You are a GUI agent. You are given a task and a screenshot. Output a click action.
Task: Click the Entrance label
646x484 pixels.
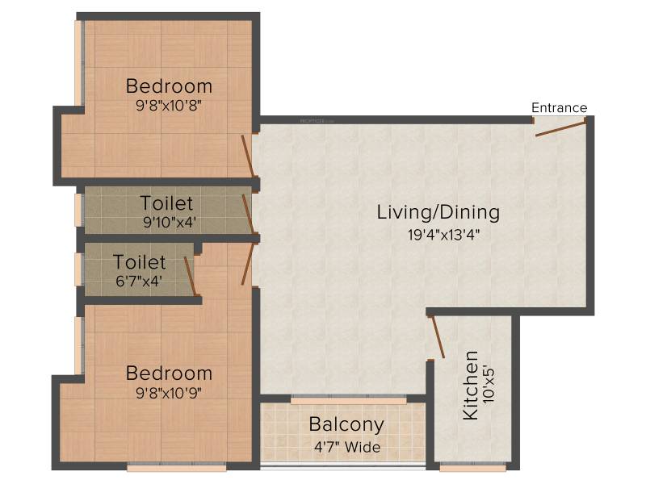[x=559, y=108]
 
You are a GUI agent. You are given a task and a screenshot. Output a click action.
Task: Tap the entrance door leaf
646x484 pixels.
[x=560, y=128]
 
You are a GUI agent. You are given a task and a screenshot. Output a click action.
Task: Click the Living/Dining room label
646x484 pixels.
[x=438, y=213]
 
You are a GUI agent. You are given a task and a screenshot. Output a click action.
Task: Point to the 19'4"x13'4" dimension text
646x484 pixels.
[x=443, y=235]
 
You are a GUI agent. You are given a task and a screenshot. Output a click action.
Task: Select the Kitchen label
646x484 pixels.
[x=471, y=386]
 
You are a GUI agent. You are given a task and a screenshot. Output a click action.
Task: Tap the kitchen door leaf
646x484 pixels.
[x=437, y=336]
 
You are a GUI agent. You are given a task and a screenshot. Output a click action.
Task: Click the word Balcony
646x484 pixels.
[x=346, y=425]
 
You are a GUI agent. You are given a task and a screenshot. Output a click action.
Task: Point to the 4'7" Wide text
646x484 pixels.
[x=347, y=447]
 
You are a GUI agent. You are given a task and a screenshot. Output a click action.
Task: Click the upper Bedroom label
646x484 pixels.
[x=169, y=86]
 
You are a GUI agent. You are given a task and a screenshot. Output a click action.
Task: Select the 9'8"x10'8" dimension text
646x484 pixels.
[x=169, y=106]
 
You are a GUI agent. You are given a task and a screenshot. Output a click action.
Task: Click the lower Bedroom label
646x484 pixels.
[x=169, y=373]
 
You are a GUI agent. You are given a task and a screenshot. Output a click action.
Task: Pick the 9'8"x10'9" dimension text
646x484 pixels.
[x=169, y=393]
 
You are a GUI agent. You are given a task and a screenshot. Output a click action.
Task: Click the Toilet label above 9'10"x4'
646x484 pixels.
[x=166, y=203]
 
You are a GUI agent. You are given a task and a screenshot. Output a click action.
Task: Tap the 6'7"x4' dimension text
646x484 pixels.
[x=138, y=281]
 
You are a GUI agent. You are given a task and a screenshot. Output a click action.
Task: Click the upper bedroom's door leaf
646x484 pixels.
[x=247, y=153]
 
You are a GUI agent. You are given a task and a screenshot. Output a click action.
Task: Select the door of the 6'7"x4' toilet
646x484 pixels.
[x=190, y=276]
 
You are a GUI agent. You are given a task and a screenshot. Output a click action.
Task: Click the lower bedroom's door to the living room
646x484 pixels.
[x=247, y=264]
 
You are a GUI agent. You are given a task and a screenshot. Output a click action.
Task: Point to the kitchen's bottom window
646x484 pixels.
[x=472, y=468]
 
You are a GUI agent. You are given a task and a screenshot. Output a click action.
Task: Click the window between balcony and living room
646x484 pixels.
[x=349, y=400]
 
